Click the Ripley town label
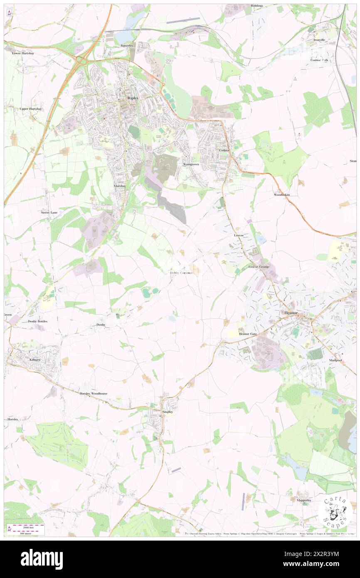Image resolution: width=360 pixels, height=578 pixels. [x=133, y=99]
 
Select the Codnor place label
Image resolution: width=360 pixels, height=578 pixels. [x=224, y=150]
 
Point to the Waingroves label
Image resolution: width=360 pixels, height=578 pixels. [x=191, y=164]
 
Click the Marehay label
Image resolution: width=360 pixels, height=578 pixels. [x=120, y=186]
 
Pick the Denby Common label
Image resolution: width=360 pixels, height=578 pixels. [x=181, y=273]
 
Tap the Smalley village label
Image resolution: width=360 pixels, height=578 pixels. [x=167, y=411]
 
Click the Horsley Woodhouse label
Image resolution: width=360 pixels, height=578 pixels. [x=94, y=393]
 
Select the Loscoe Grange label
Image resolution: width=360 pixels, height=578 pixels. [x=259, y=266]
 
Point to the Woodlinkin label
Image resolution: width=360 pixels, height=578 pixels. [x=281, y=195]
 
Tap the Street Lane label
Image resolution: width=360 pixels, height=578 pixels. [x=49, y=212]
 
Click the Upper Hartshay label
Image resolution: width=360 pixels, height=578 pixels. [x=31, y=109]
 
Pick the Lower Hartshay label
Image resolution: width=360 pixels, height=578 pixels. [x=22, y=53]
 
